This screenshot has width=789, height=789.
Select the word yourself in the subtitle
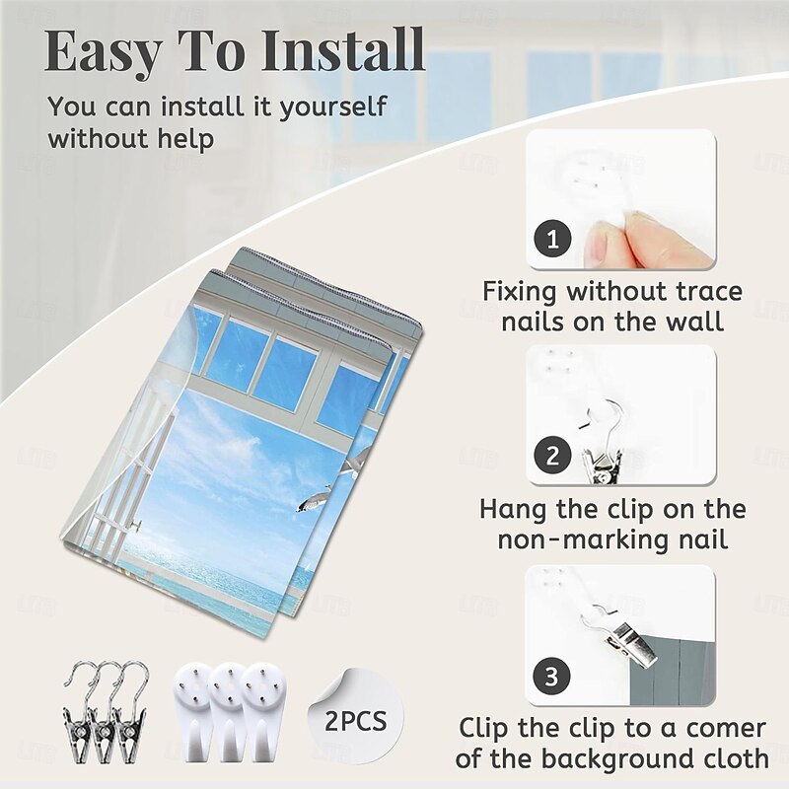tap(333, 108)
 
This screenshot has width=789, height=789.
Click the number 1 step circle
tap(552, 239)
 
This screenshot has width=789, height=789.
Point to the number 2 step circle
tap(552, 456)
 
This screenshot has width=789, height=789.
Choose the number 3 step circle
tap(552, 676)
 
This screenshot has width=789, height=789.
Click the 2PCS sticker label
tap(355, 721)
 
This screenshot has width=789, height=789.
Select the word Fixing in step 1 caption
tap(521, 292)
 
